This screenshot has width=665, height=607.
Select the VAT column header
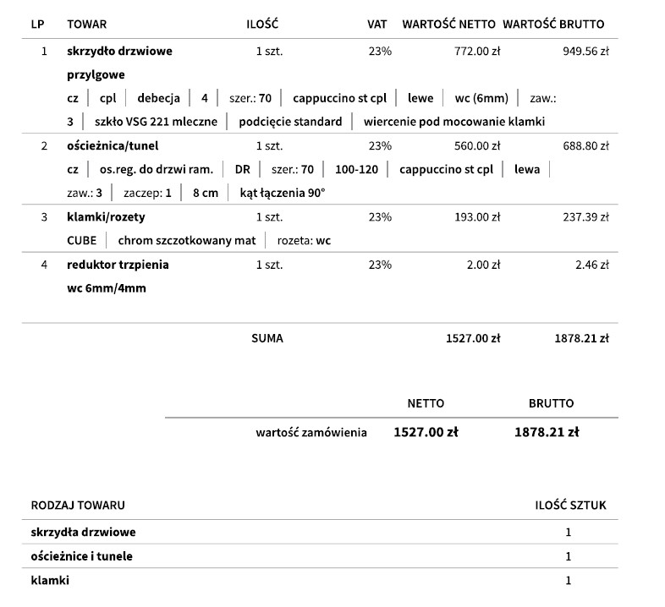click(x=376, y=25)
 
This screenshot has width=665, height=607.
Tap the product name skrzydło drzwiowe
click(x=119, y=51)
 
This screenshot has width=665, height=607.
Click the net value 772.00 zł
click(x=477, y=51)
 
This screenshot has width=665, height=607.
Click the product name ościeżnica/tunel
click(x=113, y=145)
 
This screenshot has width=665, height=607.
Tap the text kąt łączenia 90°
click(x=282, y=193)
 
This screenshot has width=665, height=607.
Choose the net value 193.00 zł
click(x=477, y=217)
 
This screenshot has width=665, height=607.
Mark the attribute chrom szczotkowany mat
click(x=186, y=241)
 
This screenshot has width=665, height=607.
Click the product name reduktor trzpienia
click(x=118, y=265)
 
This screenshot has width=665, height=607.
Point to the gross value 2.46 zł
click(x=592, y=265)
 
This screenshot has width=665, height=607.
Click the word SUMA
click(x=267, y=338)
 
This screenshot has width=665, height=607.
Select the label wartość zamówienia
click(x=311, y=432)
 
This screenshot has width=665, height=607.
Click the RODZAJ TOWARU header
click(x=78, y=506)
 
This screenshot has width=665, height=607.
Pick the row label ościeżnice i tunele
click(x=81, y=555)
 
